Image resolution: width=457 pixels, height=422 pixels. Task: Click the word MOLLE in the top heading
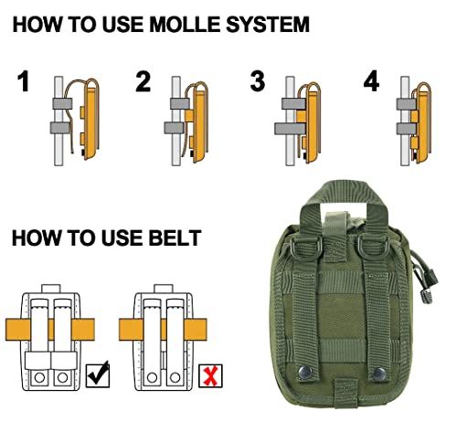click(x=186, y=25)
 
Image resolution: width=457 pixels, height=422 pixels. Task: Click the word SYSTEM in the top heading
click(x=268, y=25)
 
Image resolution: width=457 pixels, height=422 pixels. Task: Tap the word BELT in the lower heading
click(x=175, y=237)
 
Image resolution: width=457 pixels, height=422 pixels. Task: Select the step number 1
click(x=24, y=81)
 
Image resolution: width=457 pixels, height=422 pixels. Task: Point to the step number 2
click(x=143, y=81)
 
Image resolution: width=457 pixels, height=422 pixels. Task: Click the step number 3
click(x=258, y=81)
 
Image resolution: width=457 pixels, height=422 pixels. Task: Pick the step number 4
click(x=371, y=81)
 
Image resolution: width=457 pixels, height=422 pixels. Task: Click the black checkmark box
click(x=98, y=375)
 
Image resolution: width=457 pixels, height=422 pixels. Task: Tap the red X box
click(x=210, y=376)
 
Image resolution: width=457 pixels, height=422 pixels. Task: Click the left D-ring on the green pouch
click(x=303, y=247)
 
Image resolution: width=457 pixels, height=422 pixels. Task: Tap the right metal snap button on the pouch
click(x=379, y=374)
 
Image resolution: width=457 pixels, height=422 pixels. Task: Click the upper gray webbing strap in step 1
click(x=62, y=104)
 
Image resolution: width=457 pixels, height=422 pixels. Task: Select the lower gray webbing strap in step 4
click(x=407, y=129)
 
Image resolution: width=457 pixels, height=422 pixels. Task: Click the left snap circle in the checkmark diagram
click(x=39, y=377)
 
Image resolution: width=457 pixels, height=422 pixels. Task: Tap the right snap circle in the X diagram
click(x=175, y=377)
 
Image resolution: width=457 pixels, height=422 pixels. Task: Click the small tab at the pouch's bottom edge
click(x=345, y=394)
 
